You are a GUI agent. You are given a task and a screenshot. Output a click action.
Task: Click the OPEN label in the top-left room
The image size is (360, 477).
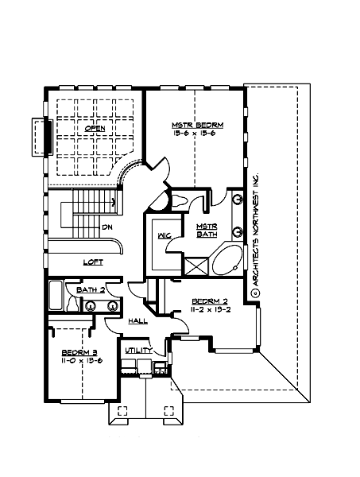pos(95,127)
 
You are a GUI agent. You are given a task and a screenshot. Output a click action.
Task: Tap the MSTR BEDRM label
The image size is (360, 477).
pos(197,125)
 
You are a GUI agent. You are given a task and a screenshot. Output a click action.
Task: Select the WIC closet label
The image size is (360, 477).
pos(165,236)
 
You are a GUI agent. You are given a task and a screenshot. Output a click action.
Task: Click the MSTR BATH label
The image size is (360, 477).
pos(207,231)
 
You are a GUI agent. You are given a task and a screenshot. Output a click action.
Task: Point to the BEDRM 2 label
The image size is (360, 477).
pos(211,301)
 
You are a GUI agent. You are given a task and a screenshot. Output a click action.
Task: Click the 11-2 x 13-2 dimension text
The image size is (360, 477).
pos(211,310)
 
